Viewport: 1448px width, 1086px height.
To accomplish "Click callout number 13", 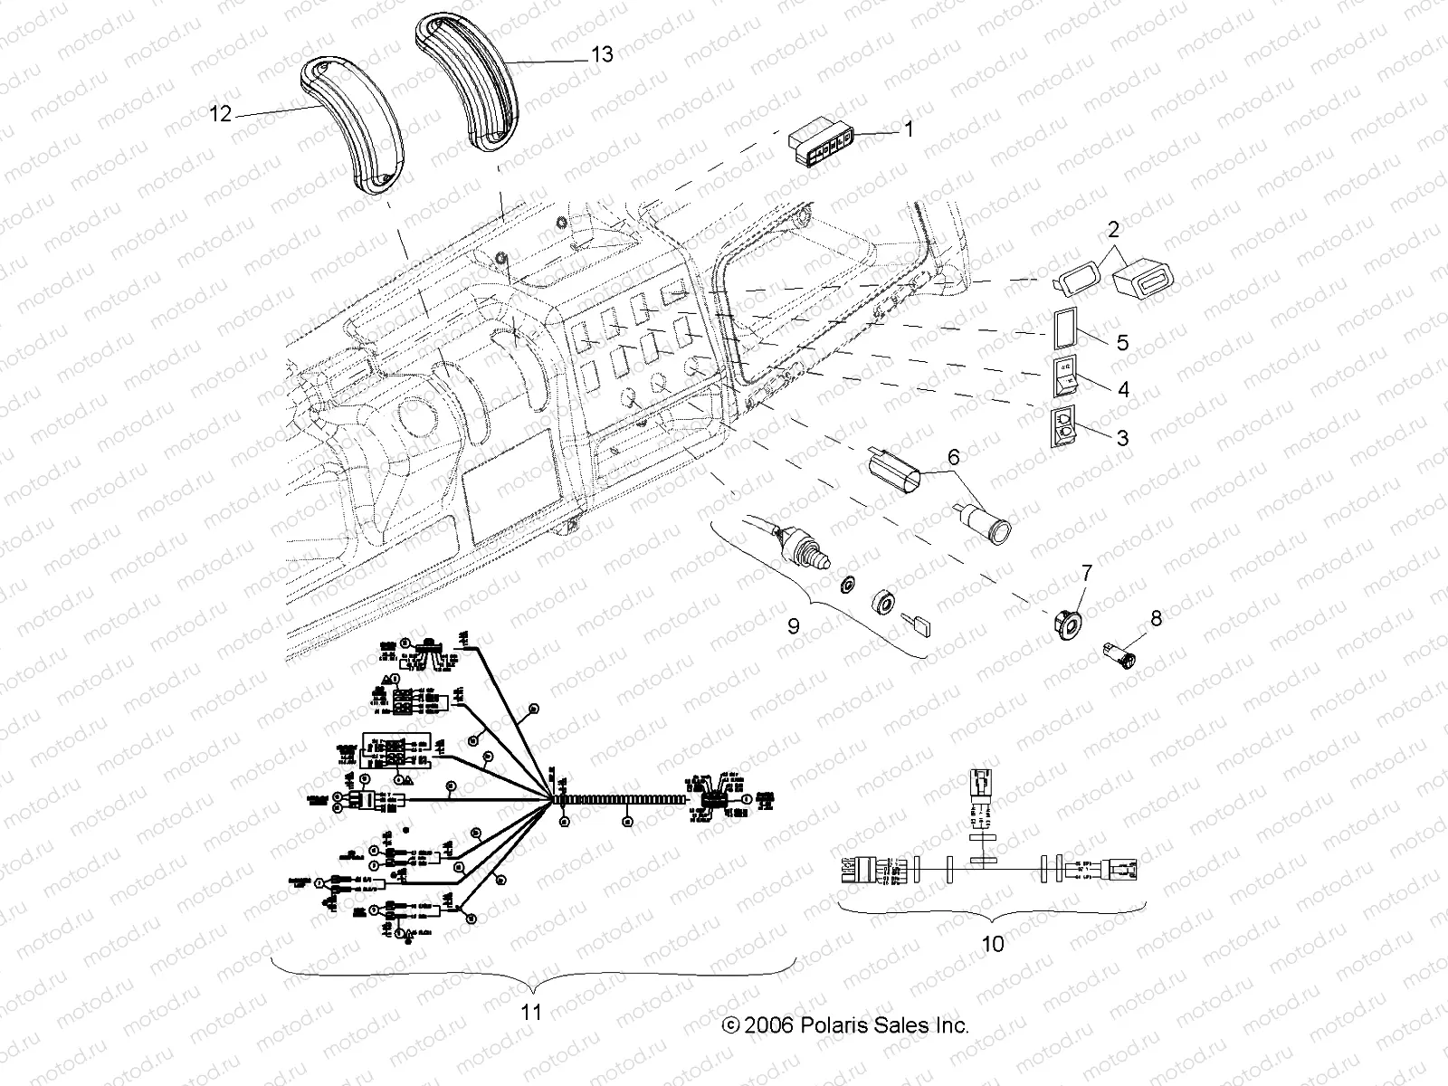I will click(x=601, y=55).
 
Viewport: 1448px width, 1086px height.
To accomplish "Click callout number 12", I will click(x=221, y=114).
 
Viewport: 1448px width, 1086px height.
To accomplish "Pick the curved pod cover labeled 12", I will click(x=354, y=127).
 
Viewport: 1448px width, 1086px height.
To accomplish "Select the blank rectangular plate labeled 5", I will click(x=1068, y=327).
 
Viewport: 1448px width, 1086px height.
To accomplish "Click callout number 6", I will click(x=953, y=459).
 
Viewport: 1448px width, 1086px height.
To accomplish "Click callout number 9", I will click(x=793, y=625).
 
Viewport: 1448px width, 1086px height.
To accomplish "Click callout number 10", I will click(x=992, y=944).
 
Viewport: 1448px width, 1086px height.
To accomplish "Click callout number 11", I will click(x=532, y=1012).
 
